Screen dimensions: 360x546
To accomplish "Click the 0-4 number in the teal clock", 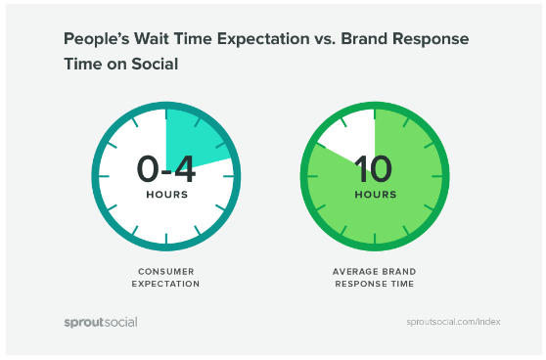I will [165, 169].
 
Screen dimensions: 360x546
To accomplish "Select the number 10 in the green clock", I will [374, 169].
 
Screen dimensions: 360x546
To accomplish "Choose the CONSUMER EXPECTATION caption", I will [165, 277].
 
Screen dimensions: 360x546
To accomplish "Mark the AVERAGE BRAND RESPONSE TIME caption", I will [374, 277].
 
